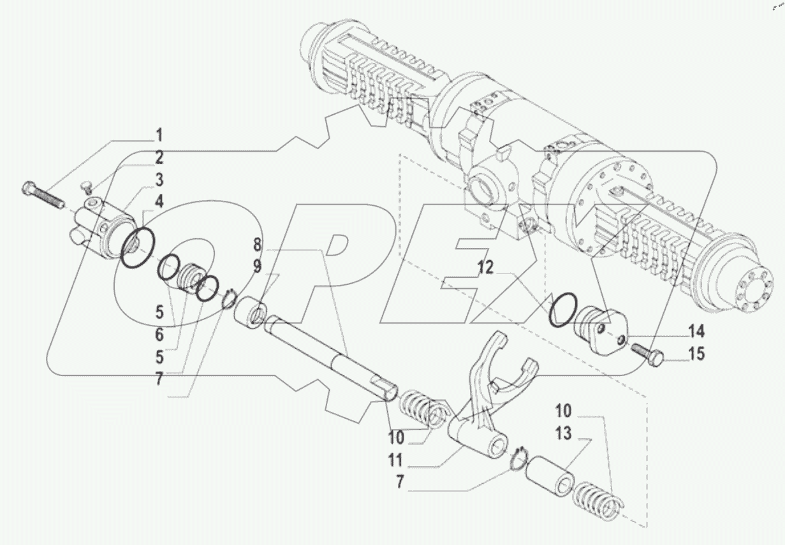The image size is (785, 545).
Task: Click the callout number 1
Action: coord(159,135)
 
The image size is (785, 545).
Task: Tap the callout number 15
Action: coord(697,353)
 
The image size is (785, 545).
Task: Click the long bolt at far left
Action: coord(43,194)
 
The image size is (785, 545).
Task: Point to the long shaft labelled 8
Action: coord(332,357)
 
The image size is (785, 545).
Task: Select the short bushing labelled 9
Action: coord(253,313)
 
